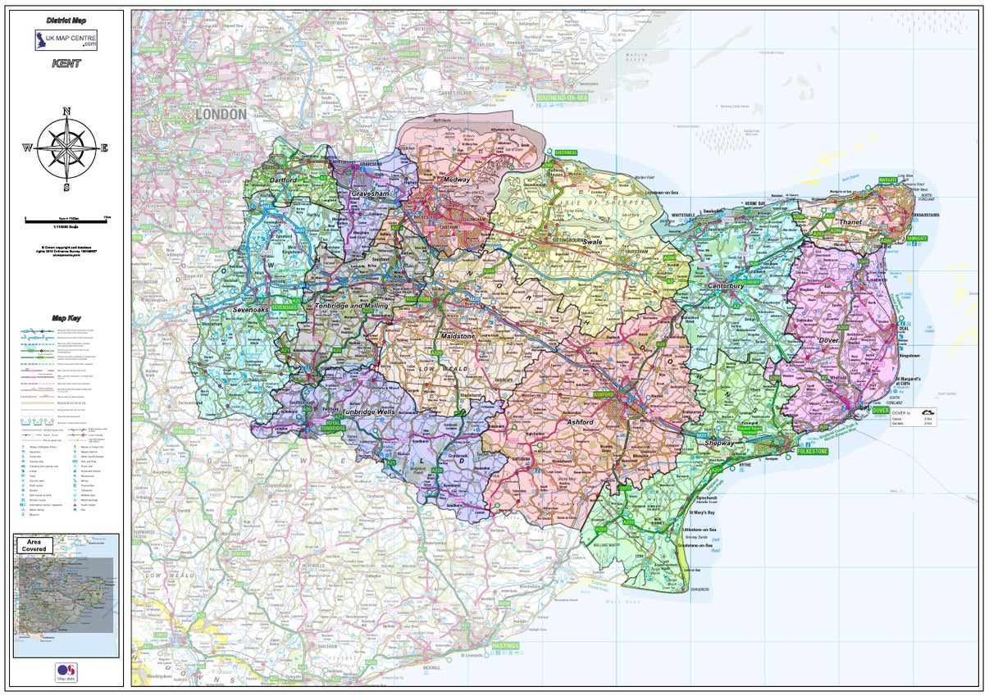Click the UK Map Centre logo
66,40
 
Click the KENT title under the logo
66,63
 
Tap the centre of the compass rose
66,148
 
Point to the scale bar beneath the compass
66,220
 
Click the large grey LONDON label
221,115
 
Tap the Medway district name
457,180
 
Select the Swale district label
592,243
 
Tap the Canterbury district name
726,286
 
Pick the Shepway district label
719,443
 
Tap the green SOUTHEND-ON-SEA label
562,98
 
